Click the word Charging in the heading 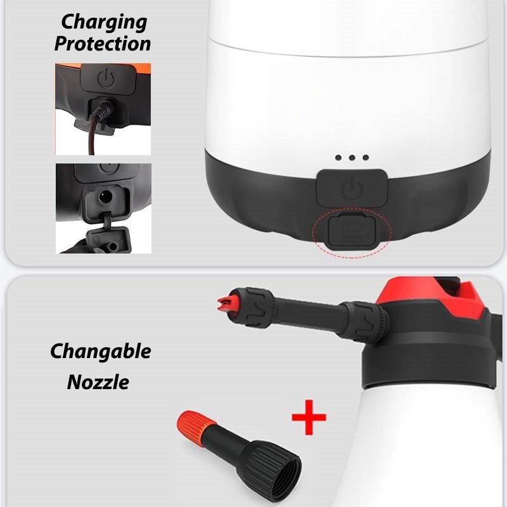tap(104, 23)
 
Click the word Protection tap(103, 44)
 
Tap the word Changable tap(101, 352)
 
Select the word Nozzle tap(98, 382)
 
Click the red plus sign tap(309, 417)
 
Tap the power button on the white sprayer tap(352, 188)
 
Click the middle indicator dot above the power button tap(352, 157)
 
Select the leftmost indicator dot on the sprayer tap(338, 157)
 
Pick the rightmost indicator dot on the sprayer tap(366, 157)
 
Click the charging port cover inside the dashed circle tap(352, 231)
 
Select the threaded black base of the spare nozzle tap(270, 466)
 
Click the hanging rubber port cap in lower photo tap(106, 236)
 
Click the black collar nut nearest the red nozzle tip tap(257, 308)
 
